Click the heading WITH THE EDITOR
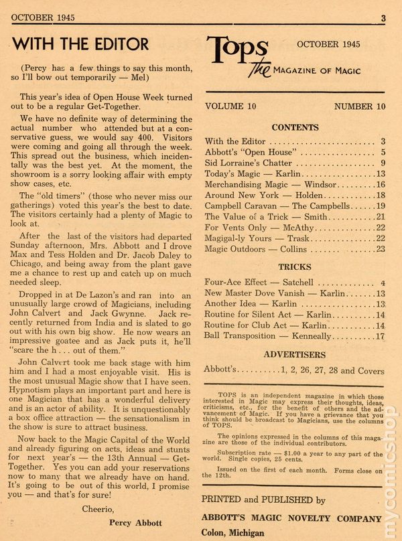click(80, 44)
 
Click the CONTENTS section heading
click(294, 127)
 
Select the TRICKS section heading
click(294, 267)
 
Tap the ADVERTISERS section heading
click(294, 354)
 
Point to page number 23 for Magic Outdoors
click(380, 248)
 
